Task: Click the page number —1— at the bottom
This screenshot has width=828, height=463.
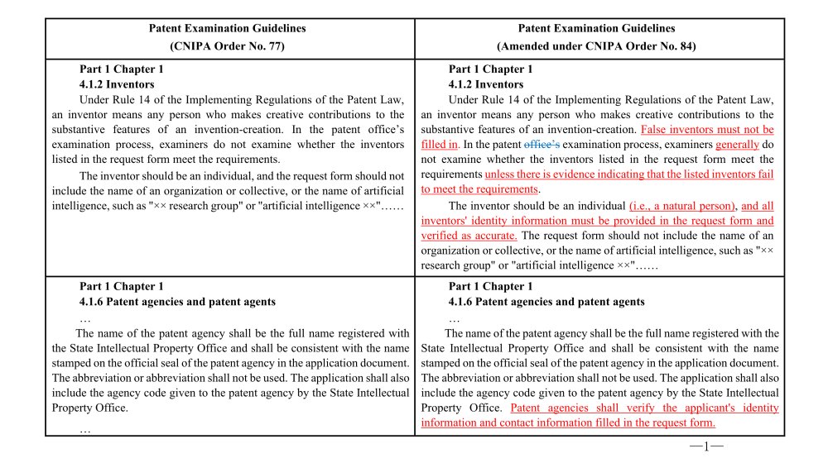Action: pyautogui.click(x=705, y=447)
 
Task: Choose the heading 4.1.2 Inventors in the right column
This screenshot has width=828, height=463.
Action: pyautogui.click(x=486, y=84)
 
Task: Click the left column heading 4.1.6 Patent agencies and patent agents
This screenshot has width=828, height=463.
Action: pyautogui.click(x=177, y=302)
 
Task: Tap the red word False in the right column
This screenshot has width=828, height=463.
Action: pyautogui.click(x=655, y=130)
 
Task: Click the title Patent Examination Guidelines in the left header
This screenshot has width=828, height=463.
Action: pyautogui.click(x=227, y=28)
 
